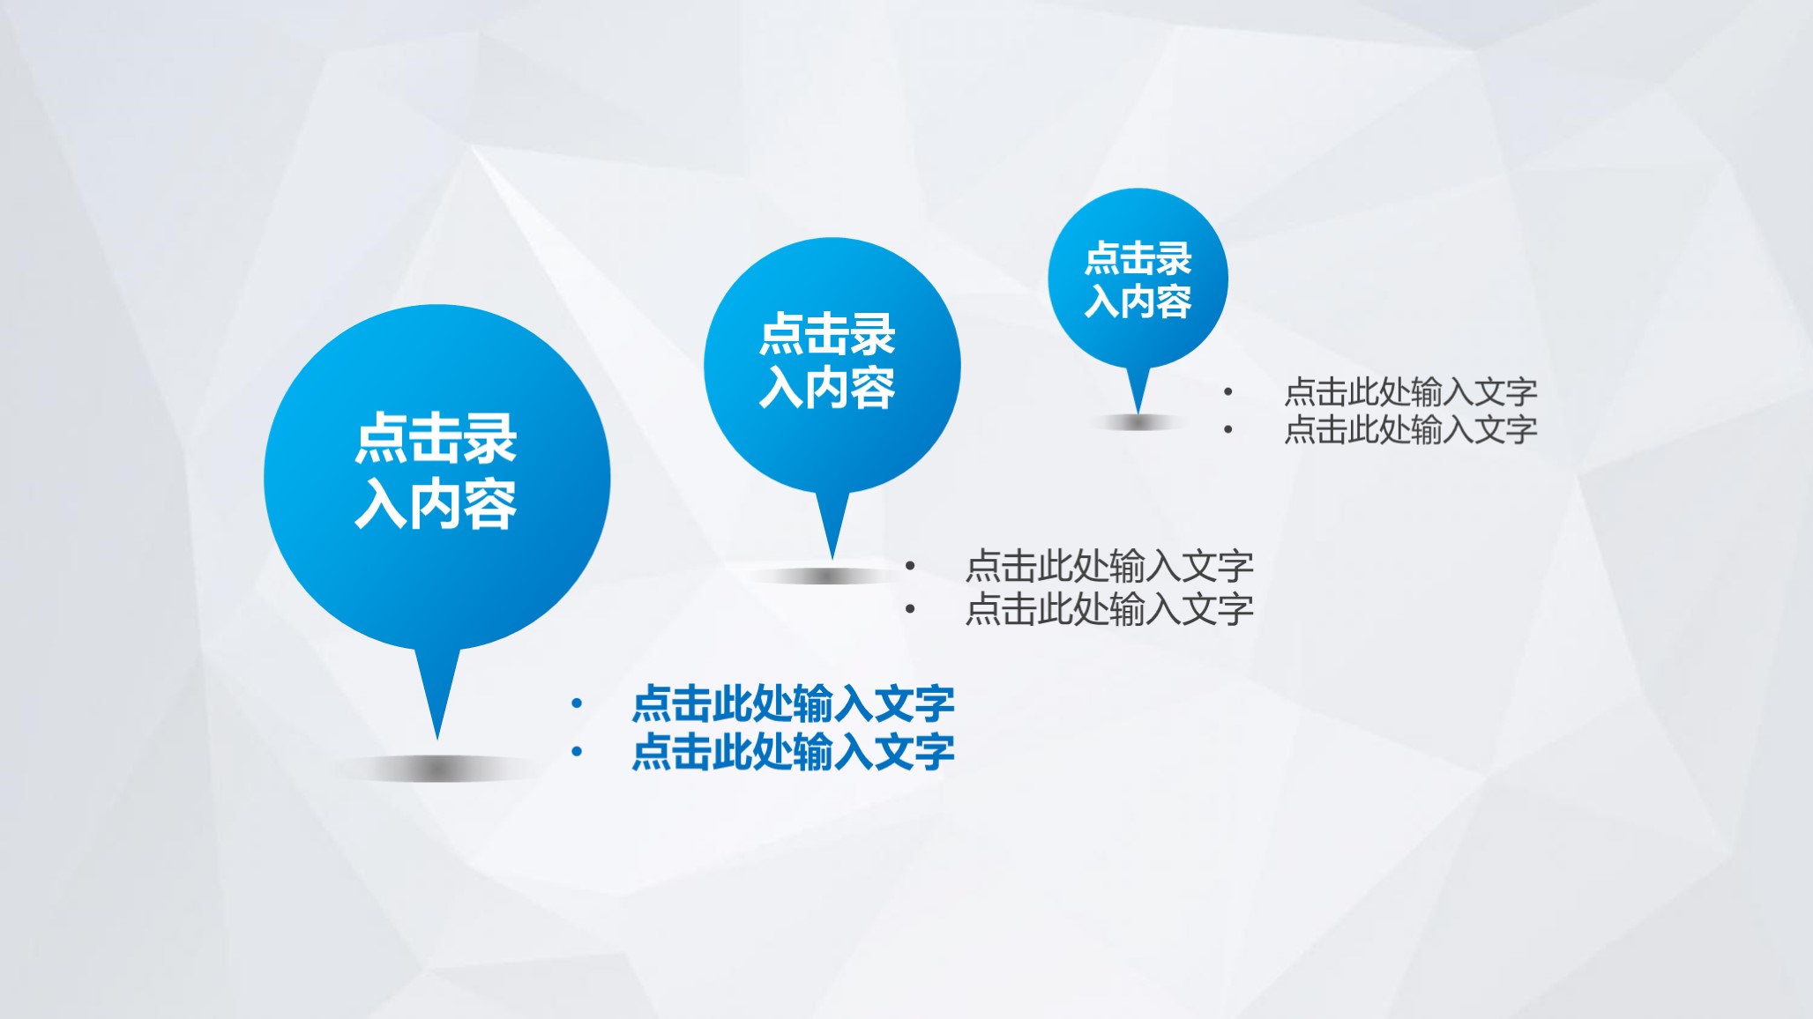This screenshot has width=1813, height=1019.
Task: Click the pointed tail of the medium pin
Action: [832, 524]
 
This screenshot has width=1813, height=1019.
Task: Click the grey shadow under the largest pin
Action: [437, 770]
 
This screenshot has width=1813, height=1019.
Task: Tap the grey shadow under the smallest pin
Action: [1138, 423]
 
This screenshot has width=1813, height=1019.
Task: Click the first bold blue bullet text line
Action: [793, 703]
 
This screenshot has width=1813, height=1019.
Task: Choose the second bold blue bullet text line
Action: [793, 752]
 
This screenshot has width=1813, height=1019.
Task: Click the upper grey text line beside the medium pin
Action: [1109, 566]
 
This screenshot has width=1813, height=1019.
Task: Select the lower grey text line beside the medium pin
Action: [1109, 609]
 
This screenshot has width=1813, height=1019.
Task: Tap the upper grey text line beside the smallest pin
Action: [1410, 391]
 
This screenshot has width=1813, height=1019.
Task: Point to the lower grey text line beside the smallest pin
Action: [1410, 430]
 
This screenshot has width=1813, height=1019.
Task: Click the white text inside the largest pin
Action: [436, 471]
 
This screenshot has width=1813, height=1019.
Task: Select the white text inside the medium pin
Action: [827, 361]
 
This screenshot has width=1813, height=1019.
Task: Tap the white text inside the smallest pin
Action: [1138, 279]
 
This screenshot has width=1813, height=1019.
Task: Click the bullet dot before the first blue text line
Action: [577, 703]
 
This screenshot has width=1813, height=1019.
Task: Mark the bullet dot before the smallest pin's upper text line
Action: [1227, 391]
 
